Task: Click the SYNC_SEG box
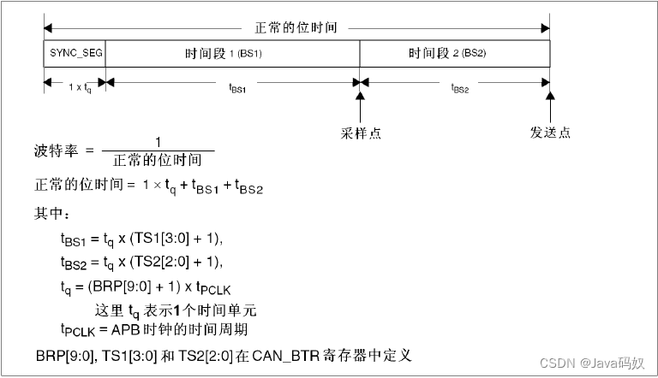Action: point(75,53)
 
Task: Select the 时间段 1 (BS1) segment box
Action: point(232,53)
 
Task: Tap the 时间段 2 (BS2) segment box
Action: point(454,53)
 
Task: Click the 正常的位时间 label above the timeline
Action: point(296,27)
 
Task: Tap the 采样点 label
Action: point(361,133)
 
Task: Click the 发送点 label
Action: point(549,133)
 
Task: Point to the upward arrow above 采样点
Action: point(361,107)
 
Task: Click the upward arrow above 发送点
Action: point(549,107)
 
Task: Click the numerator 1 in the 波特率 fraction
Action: point(158,142)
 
